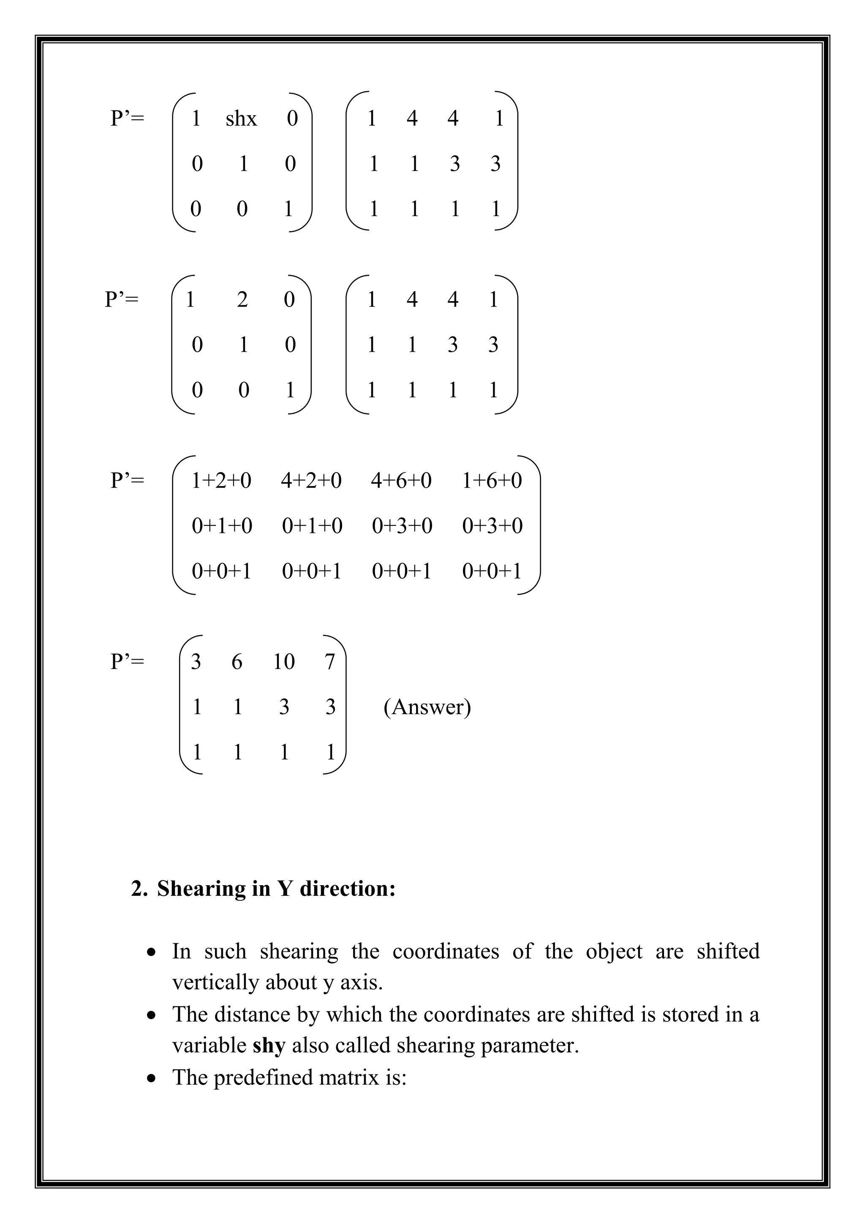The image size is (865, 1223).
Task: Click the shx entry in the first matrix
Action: point(241,118)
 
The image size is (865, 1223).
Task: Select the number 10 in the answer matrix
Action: point(283,662)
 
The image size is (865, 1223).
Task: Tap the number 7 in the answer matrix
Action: point(330,662)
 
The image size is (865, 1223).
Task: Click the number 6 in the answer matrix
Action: point(237,662)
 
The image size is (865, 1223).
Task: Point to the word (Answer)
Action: point(427,707)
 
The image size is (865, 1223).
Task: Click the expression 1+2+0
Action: point(221,481)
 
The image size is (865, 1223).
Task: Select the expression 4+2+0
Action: point(311,481)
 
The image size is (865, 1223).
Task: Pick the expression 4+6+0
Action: point(401,481)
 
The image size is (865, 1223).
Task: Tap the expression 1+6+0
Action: point(492,481)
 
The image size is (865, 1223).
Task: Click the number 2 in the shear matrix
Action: point(242,300)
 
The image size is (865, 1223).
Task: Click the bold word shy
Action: point(269,1046)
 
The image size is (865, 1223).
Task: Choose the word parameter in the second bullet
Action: point(530,1046)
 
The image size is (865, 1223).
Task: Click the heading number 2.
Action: point(139,889)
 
